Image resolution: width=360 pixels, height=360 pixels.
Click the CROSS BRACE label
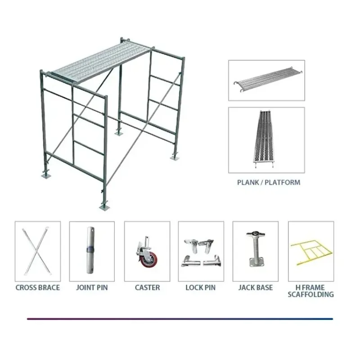click(37, 288)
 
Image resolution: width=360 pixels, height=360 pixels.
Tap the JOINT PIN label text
click(92, 288)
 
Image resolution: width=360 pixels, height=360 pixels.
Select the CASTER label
click(147, 288)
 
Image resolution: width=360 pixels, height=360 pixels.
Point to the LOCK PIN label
click(201, 288)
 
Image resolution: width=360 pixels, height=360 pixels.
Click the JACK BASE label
click(255, 288)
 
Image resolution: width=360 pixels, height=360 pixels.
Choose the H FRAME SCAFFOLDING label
click(311, 291)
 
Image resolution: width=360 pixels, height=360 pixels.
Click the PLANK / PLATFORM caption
click(268, 183)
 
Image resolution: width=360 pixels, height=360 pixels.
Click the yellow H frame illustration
click(310, 254)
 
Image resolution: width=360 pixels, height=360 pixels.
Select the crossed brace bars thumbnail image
click(37, 250)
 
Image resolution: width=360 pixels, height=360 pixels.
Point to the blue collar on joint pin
click(91, 249)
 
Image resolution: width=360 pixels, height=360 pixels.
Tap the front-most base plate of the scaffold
click(104, 206)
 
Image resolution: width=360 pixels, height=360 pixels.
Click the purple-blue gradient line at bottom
click(180, 319)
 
